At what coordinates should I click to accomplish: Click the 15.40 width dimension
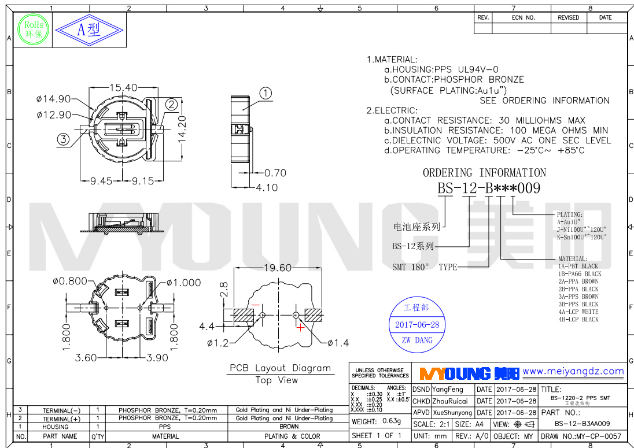(123, 88)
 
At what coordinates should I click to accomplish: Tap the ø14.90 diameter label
(53, 99)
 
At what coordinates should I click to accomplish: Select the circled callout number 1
(265, 94)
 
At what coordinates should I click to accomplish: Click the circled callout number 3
(63, 138)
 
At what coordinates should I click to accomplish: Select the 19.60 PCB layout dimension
(278, 268)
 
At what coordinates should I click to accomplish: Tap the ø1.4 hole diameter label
(338, 343)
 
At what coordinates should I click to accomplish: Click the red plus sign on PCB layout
(300, 328)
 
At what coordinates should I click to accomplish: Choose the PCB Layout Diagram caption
(280, 368)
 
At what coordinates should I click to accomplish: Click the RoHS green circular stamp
(33, 28)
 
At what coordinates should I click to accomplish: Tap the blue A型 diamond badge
(89, 30)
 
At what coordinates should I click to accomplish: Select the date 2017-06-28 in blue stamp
(416, 325)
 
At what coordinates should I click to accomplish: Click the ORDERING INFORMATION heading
(484, 173)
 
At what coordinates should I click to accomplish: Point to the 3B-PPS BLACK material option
(578, 304)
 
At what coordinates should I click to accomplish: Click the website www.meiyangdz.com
(573, 372)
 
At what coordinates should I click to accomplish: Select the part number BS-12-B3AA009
(582, 423)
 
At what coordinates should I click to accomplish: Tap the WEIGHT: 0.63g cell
(377, 421)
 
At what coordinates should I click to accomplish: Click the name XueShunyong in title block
(452, 413)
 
